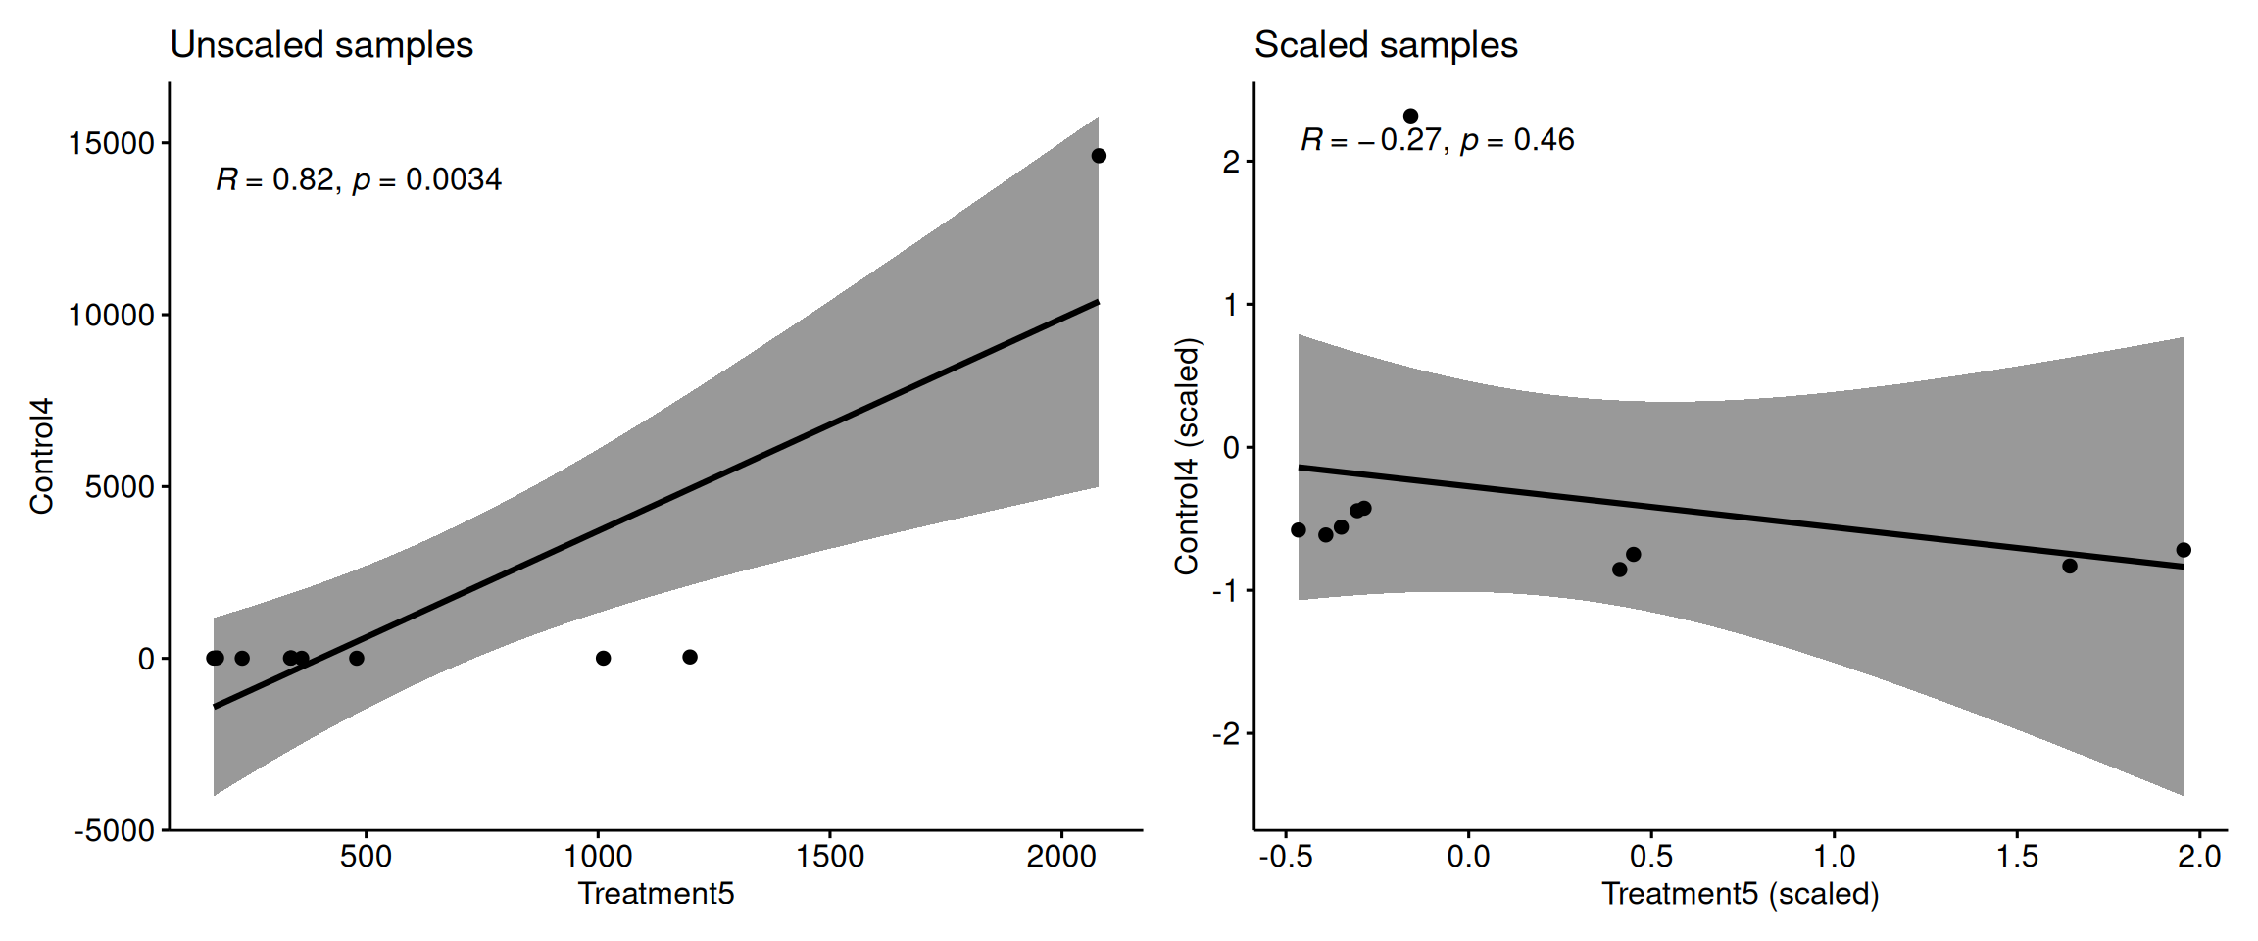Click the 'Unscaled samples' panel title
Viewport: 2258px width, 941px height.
[321, 45]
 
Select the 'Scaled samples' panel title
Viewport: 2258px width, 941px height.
[1386, 45]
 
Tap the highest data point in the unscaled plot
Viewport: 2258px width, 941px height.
[1099, 156]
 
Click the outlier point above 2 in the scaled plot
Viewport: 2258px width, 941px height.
[1410, 116]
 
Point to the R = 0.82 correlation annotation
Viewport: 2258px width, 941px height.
[359, 179]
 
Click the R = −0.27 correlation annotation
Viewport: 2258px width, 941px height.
[1437, 140]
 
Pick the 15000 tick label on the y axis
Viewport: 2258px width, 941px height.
[112, 144]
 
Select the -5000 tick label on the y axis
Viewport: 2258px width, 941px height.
[115, 831]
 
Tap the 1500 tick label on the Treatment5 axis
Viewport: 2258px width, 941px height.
[829, 857]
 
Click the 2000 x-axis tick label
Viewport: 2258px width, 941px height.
[1060, 857]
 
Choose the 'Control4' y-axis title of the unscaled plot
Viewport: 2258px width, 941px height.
[41, 456]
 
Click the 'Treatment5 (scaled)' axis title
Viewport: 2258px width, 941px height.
[1740, 894]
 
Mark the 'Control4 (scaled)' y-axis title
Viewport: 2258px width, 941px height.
[1187, 456]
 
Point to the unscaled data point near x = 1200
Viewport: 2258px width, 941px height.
[690, 657]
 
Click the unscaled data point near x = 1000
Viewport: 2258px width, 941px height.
[604, 658]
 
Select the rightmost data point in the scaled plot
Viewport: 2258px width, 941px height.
[2184, 550]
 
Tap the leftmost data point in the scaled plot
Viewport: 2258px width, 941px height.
[1299, 530]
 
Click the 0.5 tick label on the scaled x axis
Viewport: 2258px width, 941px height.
[1651, 857]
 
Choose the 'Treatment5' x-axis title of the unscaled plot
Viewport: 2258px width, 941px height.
[656, 894]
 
